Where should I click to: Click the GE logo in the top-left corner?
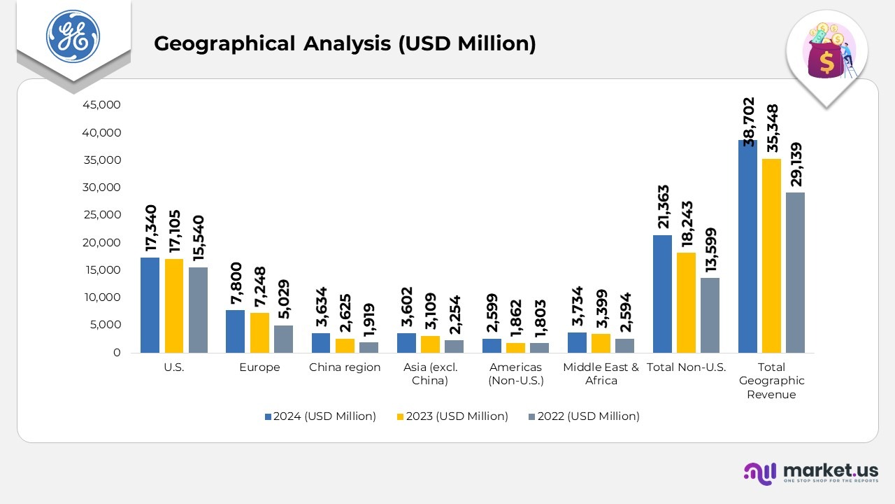[73, 36]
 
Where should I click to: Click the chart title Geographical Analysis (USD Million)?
[345, 43]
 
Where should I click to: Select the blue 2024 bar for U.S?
[150, 305]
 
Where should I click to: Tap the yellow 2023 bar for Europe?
[259, 332]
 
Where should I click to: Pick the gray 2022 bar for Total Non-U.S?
[710, 315]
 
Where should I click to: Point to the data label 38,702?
[749, 121]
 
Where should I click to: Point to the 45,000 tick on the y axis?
[102, 105]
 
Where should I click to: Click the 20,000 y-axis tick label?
[102, 243]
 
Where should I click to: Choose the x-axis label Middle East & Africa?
[601, 374]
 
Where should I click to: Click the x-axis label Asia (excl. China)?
[430, 374]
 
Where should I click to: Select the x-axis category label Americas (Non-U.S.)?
[516, 374]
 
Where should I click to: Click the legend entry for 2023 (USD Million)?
[451, 416]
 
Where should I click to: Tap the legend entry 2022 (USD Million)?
[582, 416]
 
